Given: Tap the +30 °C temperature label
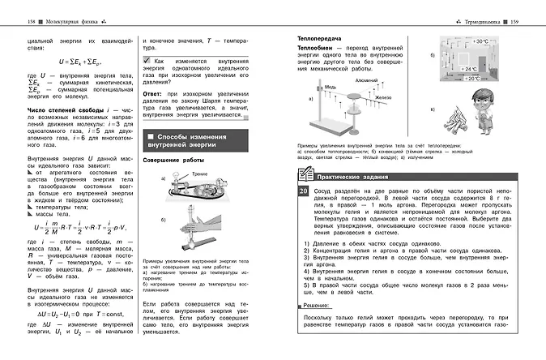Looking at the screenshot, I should (x=480, y=41).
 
